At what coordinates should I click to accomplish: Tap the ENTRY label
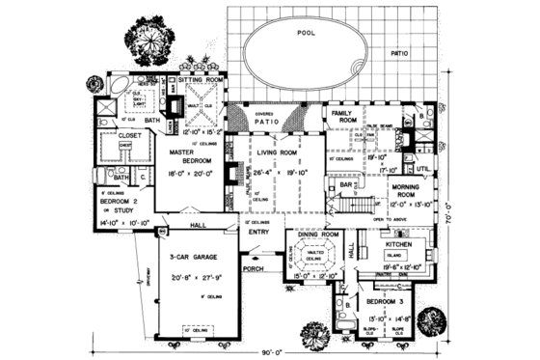258,232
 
